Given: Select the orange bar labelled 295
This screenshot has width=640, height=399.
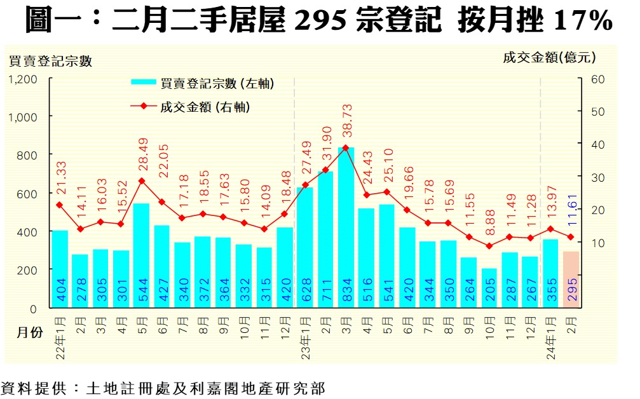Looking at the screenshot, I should pyautogui.click(x=571, y=280).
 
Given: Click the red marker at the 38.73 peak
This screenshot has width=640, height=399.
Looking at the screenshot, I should pyautogui.click(x=346, y=147).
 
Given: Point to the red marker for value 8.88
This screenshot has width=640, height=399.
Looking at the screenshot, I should pyautogui.click(x=489, y=246).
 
